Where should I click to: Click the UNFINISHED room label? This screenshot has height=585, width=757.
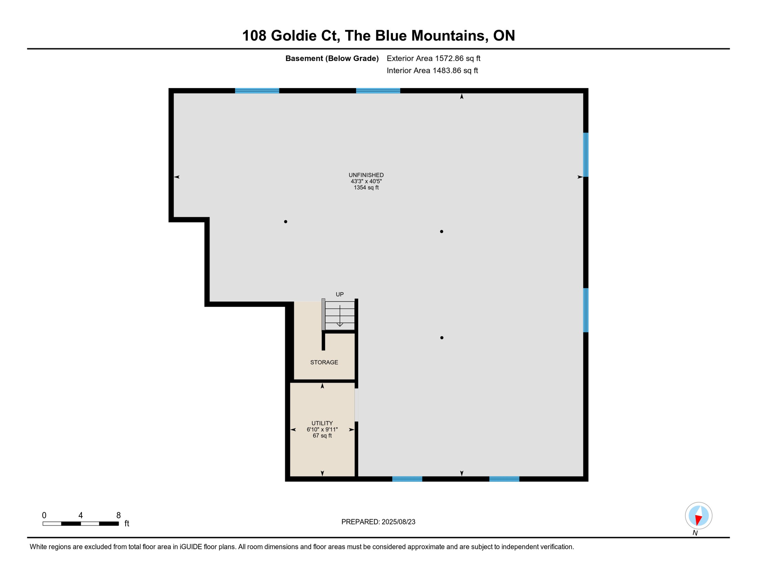[366, 175]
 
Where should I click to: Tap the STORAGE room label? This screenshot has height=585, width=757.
[324, 362]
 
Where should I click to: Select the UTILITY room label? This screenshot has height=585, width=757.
[322, 423]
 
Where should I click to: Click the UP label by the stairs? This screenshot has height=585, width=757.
[340, 294]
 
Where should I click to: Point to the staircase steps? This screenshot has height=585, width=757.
[340, 315]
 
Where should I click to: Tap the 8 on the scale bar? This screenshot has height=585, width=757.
[118, 515]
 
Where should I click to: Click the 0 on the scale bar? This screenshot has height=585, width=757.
[44, 515]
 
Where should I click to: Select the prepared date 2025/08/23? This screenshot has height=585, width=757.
[398, 522]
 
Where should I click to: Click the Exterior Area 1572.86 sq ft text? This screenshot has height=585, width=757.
[433, 58]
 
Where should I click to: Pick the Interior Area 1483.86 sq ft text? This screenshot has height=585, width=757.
[432, 70]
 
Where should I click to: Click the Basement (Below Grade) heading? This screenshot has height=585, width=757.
[332, 58]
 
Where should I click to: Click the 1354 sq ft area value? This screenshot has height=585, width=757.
[366, 187]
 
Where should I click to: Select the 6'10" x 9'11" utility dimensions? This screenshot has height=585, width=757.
[322, 429]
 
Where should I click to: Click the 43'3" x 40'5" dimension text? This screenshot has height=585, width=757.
[366, 181]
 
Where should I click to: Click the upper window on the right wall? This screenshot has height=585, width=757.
[586, 155]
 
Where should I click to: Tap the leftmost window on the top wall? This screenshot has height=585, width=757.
[257, 91]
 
